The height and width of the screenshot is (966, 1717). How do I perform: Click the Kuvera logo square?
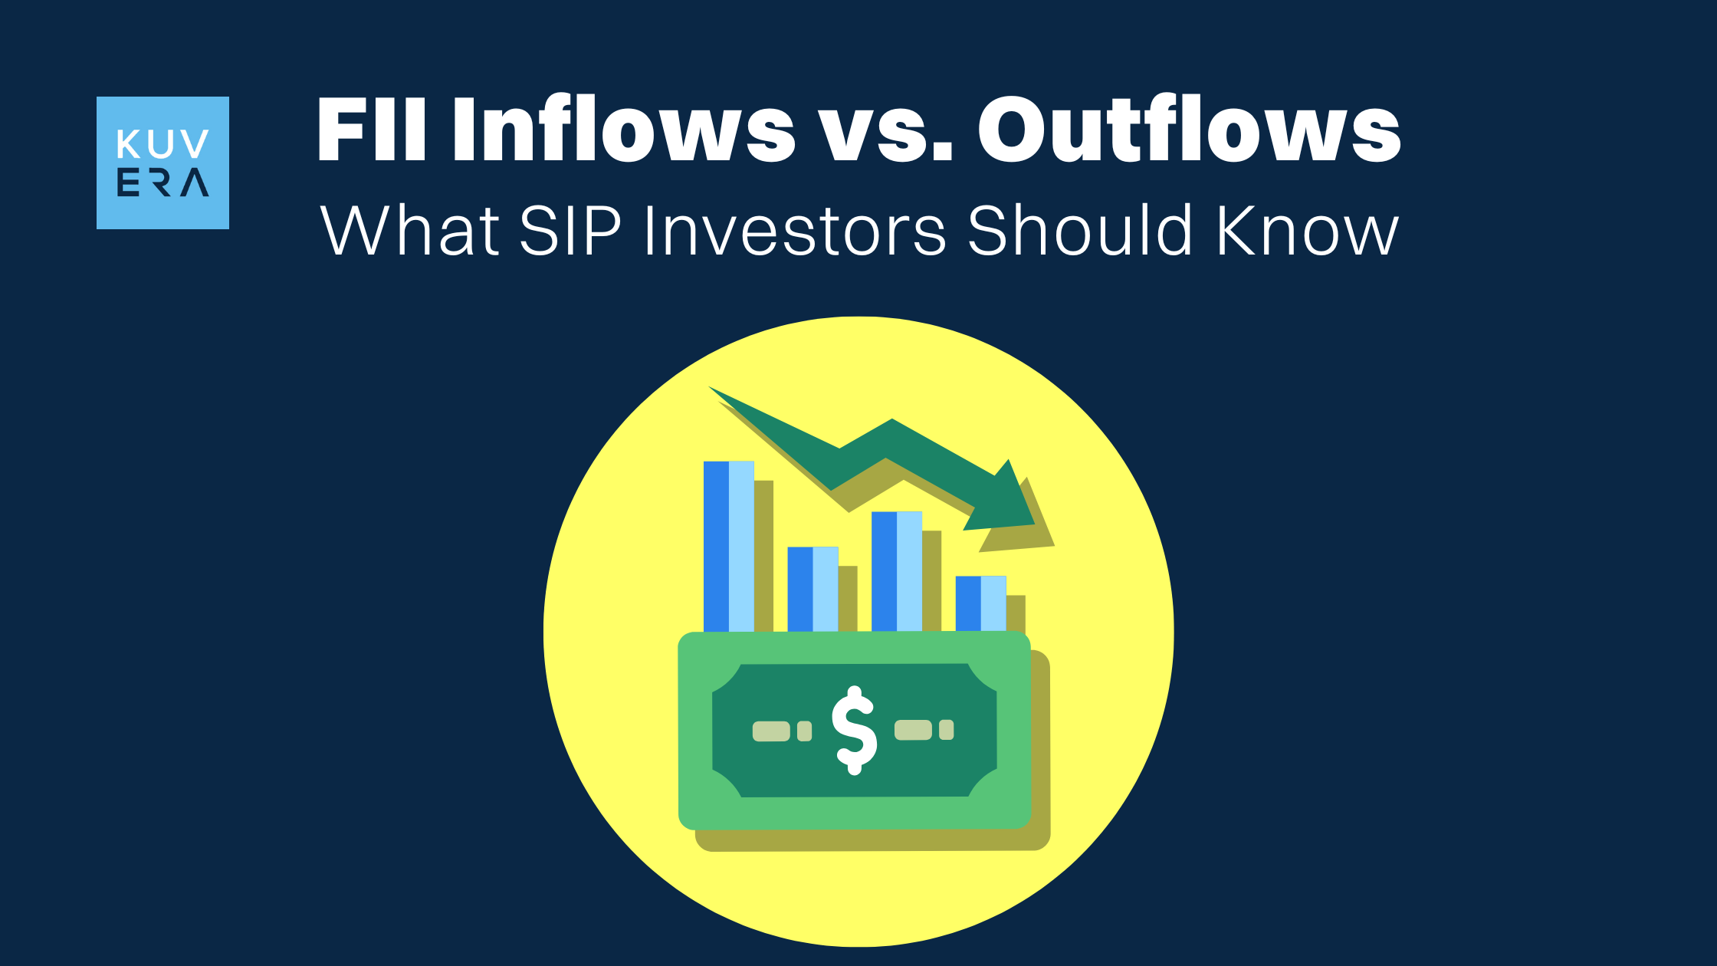163,163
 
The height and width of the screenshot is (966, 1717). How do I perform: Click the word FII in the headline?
371,130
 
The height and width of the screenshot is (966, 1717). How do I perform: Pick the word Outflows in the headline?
1189,130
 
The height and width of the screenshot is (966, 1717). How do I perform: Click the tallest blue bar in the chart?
728,546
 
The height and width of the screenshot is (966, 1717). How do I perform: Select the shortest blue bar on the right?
980,603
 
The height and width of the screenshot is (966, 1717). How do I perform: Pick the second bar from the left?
813,589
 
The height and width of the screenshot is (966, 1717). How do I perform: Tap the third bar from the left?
896,571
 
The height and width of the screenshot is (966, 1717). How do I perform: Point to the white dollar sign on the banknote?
854,730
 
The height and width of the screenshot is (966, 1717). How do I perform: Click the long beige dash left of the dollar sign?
771,731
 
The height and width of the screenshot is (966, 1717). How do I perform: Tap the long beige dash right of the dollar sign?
913,730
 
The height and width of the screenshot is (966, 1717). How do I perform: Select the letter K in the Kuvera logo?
129,144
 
